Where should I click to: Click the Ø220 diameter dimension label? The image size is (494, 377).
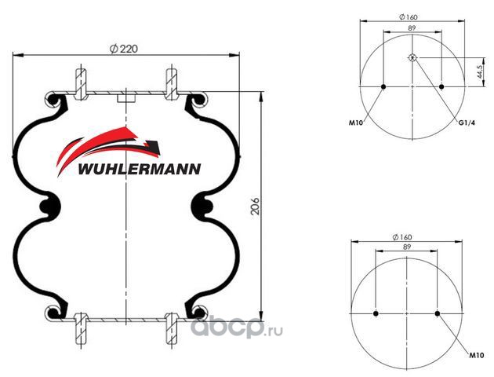tap(124, 49)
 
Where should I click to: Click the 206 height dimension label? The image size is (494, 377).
tap(255, 207)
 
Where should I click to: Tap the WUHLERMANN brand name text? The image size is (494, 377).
tap(139, 169)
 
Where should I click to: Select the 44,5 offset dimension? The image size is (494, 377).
tap(480, 72)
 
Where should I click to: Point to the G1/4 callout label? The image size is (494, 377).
tap(466, 123)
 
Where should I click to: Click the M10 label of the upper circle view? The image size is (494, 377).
tap(356, 123)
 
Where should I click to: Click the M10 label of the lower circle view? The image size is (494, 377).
tap(477, 356)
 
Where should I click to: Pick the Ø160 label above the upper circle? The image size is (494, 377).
tap(408, 17)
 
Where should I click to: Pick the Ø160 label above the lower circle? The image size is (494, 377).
tap(402, 237)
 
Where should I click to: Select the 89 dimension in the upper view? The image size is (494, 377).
tap(412, 27)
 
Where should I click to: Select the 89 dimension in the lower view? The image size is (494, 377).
tap(407, 247)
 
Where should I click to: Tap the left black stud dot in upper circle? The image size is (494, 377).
tap(383, 86)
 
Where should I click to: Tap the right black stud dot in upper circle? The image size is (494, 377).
tap(441, 86)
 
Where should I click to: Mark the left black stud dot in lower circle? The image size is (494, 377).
tap(376, 313)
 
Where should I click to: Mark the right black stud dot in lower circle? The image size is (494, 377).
tap(437, 313)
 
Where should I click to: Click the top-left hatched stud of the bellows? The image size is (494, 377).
tap(81, 84)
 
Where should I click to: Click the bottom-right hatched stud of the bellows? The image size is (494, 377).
tap(172, 329)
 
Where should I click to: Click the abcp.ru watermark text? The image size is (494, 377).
tap(237, 328)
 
